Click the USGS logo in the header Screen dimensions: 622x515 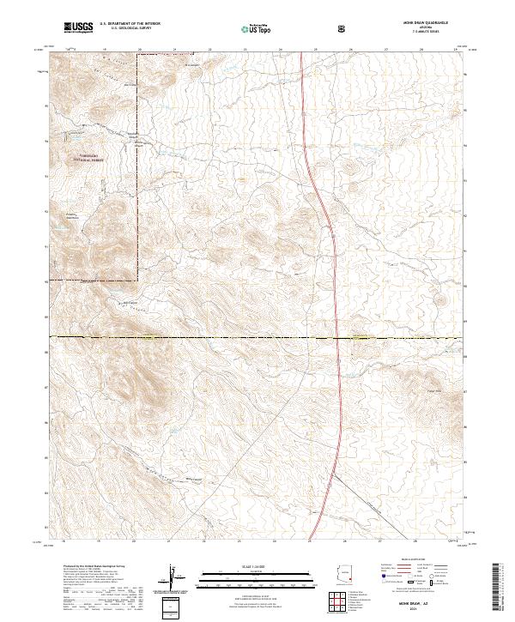pyautogui.click(x=79, y=27)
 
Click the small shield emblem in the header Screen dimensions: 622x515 pyautogui.click(x=342, y=28)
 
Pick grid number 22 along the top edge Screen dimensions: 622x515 pyautogui.click(x=209, y=50)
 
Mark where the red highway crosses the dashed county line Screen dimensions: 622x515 pyautogui.click(x=335, y=337)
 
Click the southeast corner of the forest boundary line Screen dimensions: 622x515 pyautogui.click(x=138, y=280)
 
